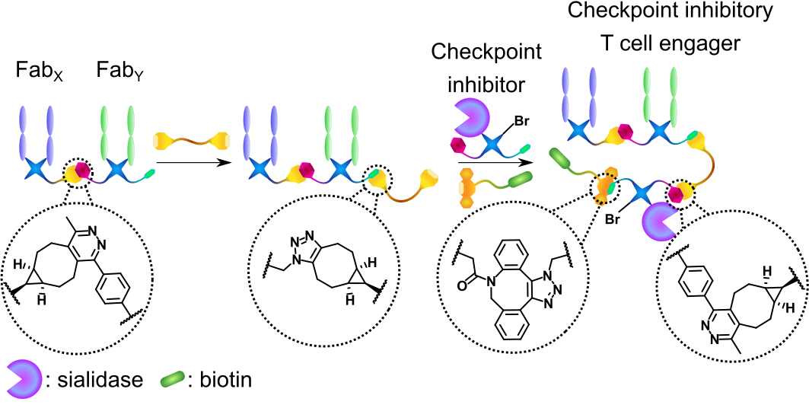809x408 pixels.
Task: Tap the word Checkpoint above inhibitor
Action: [x=486, y=53]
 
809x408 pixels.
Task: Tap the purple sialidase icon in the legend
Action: [x=23, y=378]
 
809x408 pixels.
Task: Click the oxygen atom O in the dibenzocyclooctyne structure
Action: [x=464, y=286]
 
